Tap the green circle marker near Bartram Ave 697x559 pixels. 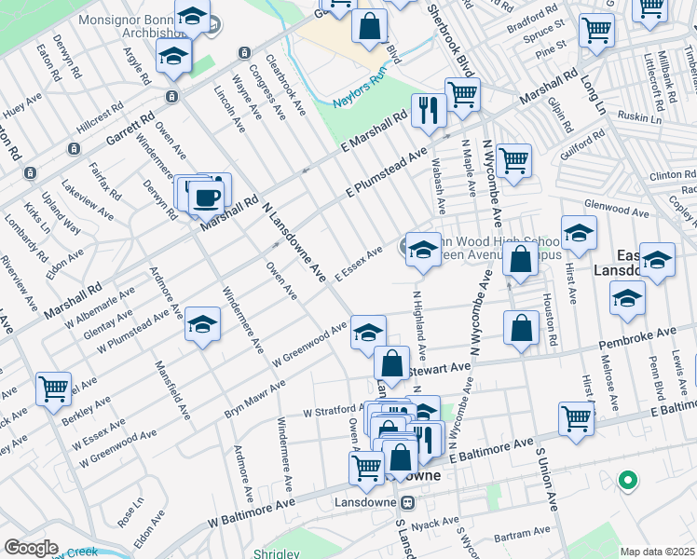pyautogui.click(x=628, y=481)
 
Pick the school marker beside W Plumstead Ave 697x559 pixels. pyautogui.click(x=201, y=325)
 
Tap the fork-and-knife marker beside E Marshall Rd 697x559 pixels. pyautogui.click(x=429, y=111)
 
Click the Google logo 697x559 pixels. pyautogui.click(x=31, y=547)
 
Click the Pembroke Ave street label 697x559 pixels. pyautogui.click(x=644, y=333)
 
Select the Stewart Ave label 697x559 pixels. pyautogui.click(x=441, y=369)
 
